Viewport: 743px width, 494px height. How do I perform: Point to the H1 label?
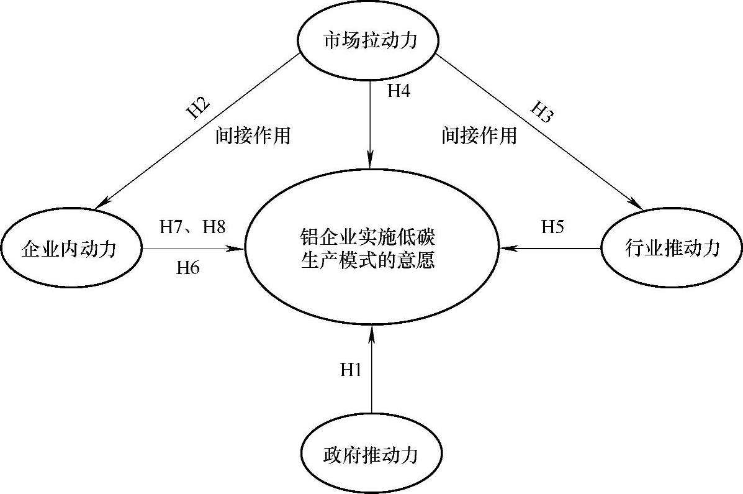pyautogui.click(x=351, y=370)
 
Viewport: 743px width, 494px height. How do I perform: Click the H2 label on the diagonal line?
pyautogui.click(x=199, y=107)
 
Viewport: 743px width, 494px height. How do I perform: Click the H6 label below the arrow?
pyautogui.click(x=188, y=268)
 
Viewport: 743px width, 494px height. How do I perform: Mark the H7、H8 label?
pyautogui.click(x=192, y=227)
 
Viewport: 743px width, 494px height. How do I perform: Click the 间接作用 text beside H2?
pyautogui.click(x=253, y=135)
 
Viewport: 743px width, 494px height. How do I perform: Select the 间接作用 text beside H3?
pyautogui.click(x=479, y=135)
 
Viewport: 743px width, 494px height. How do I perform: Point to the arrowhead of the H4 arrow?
pyautogui.click(x=371, y=162)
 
